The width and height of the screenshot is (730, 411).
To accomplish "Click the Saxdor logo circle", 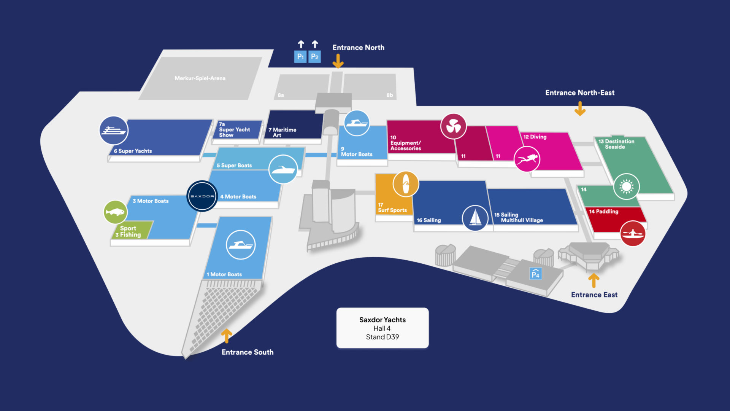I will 202,196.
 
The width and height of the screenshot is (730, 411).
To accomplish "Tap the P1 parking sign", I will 300,57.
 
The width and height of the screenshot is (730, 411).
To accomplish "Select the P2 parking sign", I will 314,57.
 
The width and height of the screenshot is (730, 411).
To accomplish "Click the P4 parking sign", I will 535,274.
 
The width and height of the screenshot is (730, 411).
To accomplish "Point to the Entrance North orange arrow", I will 338,61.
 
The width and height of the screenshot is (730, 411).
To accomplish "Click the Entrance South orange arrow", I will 227,336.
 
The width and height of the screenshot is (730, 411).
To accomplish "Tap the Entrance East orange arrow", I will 594,280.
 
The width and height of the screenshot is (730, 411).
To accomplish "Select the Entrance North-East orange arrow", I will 580,108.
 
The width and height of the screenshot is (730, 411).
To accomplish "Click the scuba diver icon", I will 527,159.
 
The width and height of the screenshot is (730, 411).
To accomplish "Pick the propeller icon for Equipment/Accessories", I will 453,126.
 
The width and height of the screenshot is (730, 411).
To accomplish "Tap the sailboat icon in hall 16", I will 475,218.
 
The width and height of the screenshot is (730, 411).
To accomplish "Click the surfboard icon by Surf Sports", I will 406,184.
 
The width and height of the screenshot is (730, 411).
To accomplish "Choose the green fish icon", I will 116,212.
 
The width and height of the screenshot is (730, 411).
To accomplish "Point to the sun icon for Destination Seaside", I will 626,186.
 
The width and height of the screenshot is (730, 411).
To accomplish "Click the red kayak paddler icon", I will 632,233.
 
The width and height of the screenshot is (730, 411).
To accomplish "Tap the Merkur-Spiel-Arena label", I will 200,78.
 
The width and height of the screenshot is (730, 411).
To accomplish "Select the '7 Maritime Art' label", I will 282,132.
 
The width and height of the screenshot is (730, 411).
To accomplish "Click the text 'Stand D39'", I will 382,337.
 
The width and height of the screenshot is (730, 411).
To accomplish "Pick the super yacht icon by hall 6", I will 114,131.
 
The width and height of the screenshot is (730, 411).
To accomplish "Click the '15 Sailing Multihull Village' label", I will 519,217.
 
